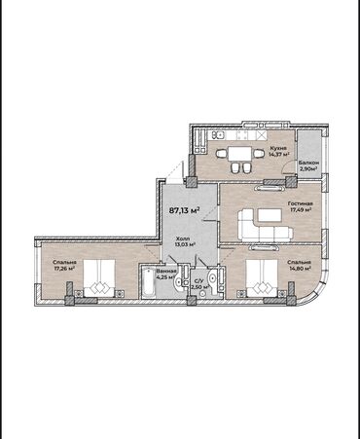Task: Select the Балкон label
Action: [x=308, y=164]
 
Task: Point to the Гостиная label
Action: [x=301, y=200]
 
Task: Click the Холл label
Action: [x=182, y=238]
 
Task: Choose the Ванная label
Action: [x=166, y=270]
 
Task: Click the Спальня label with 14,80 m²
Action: [x=299, y=262]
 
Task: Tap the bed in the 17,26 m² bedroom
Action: [x=98, y=279]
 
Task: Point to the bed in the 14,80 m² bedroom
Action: [x=262, y=277]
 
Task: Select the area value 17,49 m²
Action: [x=301, y=207]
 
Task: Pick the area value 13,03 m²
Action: [x=184, y=245]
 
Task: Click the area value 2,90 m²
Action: [x=308, y=170]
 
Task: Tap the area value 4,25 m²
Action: [x=166, y=277]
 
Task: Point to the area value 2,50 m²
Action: [x=198, y=288]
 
